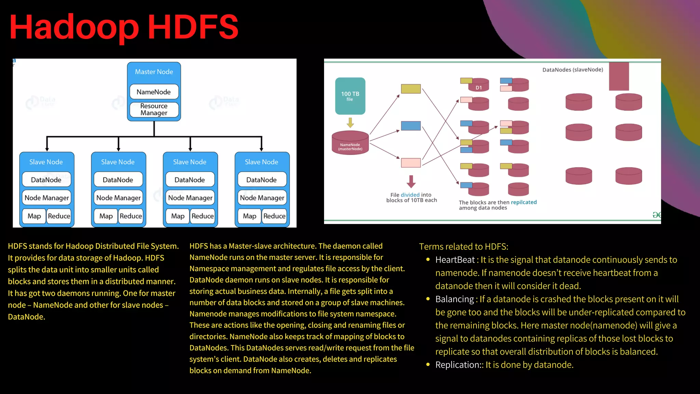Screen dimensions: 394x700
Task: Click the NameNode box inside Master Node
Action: [x=154, y=92]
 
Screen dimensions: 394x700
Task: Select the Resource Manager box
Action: [x=154, y=109]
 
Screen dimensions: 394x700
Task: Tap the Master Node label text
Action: [x=154, y=72]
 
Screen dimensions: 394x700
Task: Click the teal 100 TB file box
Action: [x=350, y=96]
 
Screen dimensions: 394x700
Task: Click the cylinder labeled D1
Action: [x=479, y=86]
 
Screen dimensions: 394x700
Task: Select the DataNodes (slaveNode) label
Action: [x=573, y=70]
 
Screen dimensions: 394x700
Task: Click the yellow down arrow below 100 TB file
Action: [x=350, y=122]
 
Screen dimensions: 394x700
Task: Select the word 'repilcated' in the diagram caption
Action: [x=524, y=202]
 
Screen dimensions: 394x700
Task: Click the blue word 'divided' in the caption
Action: [x=410, y=195]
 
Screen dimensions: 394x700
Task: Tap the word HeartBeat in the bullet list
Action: [x=455, y=260]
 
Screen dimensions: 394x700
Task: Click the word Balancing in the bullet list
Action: [x=455, y=299]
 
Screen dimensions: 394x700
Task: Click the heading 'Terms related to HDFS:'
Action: [x=463, y=247]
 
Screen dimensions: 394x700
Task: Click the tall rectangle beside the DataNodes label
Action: [x=619, y=76]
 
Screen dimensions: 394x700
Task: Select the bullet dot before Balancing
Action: [x=428, y=299]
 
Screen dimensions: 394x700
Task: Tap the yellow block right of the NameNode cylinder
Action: [x=410, y=89]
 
